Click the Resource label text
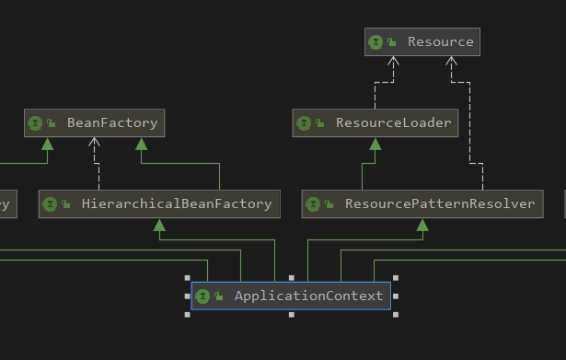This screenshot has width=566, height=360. [x=440, y=41]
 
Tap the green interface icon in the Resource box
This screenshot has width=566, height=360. [x=376, y=41]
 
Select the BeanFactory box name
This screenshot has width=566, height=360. [x=112, y=122]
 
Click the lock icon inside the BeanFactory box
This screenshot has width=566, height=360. [x=50, y=123]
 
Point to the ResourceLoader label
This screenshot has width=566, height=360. [x=393, y=122]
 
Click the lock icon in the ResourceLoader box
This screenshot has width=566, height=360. [x=319, y=123]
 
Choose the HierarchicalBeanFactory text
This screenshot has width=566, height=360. [x=176, y=203]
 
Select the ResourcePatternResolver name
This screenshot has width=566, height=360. [x=439, y=203]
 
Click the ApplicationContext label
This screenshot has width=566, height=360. [x=308, y=296]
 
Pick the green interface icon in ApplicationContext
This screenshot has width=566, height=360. [x=202, y=296]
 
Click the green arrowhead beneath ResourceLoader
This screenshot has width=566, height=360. [x=375, y=143]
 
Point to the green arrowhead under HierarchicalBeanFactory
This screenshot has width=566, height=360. [x=159, y=224]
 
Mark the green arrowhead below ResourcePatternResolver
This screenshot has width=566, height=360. [x=422, y=224]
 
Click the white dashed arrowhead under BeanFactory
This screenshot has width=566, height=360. [x=95, y=143]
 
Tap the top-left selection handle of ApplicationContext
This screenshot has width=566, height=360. [x=187, y=277]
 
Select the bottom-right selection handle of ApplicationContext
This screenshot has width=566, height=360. [x=396, y=314]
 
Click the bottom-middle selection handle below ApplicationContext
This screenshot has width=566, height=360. [x=291, y=314]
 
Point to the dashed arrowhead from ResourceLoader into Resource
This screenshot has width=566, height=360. [x=393, y=62]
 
